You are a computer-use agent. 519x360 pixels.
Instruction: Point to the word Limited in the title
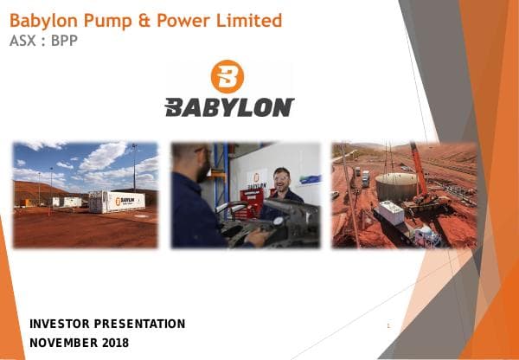click(252, 20)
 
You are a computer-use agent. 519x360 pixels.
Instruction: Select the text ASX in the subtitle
click(23, 40)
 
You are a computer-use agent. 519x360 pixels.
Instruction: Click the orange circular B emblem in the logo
click(227, 76)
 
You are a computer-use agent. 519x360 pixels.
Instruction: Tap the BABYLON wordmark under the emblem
click(229, 107)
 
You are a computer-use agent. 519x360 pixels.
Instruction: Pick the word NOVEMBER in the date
click(63, 343)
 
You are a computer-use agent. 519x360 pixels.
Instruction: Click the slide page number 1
click(389, 325)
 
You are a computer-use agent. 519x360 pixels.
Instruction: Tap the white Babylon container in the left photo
click(116, 202)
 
